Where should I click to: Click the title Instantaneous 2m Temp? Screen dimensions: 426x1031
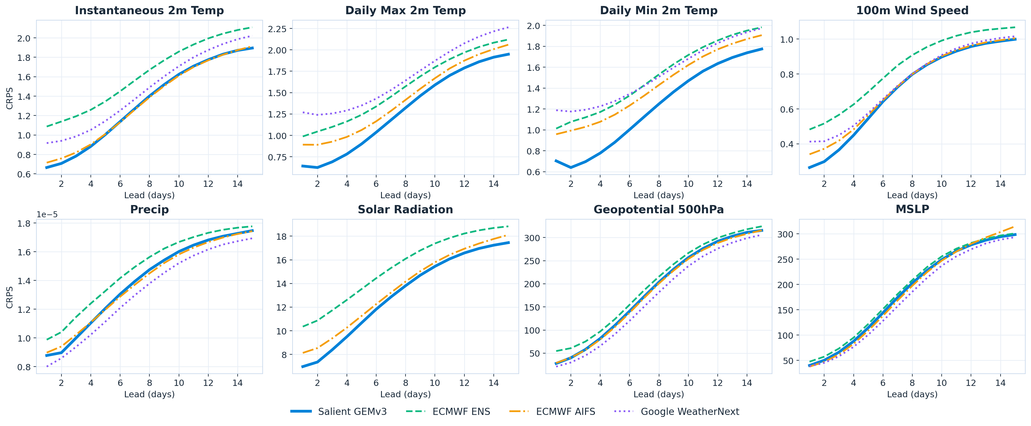point(149,11)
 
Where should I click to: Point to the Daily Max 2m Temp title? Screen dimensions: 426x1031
point(406,11)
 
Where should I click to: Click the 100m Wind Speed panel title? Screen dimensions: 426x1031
point(912,11)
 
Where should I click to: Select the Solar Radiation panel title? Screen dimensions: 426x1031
point(406,210)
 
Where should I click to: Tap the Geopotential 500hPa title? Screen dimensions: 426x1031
point(658,210)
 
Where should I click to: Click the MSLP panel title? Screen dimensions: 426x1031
point(912,209)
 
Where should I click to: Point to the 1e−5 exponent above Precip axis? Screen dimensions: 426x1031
point(47,215)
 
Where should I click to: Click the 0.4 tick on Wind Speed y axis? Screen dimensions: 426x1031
point(787,144)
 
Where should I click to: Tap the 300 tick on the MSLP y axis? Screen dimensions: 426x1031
point(785,234)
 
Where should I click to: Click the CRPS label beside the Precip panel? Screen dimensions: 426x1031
point(10,297)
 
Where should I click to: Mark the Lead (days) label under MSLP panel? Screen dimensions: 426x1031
point(912,394)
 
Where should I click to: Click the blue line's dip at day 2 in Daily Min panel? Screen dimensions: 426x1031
point(571,167)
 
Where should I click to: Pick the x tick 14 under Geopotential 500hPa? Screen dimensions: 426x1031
point(747,383)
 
